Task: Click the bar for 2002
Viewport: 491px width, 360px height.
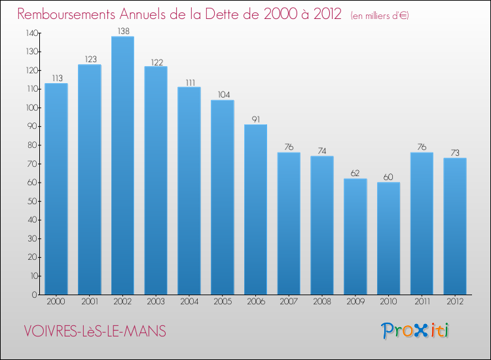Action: [x=122, y=166]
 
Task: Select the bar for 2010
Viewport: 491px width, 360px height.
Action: [x=388, y=238]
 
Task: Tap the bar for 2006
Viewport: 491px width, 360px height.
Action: [x=255, y=209]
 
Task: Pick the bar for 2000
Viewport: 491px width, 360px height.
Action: [x=56, y=189]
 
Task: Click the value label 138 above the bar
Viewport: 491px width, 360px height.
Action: [x=122, y=31]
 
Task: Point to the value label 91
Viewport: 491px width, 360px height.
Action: [x=255, y=119]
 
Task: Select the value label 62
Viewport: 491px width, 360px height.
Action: [x=355, y=173]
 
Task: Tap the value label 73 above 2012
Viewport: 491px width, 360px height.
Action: [x=455, y=153]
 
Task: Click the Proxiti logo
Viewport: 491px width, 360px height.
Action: [x=416, y=331]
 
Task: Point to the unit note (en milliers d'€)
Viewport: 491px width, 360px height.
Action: [x=380, y=16]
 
